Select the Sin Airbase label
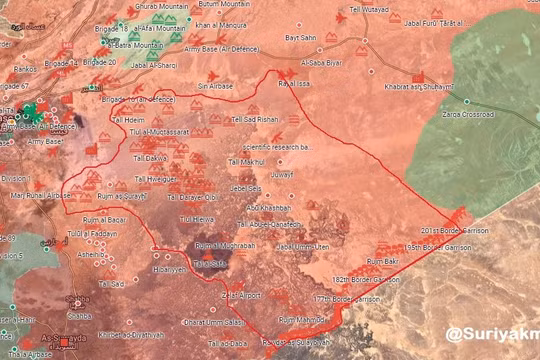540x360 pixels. tap(215, 87)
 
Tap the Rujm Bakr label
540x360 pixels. tap(383, 261)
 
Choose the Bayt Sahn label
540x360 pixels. tap(301, 37)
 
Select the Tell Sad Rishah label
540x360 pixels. tap(255, 119)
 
